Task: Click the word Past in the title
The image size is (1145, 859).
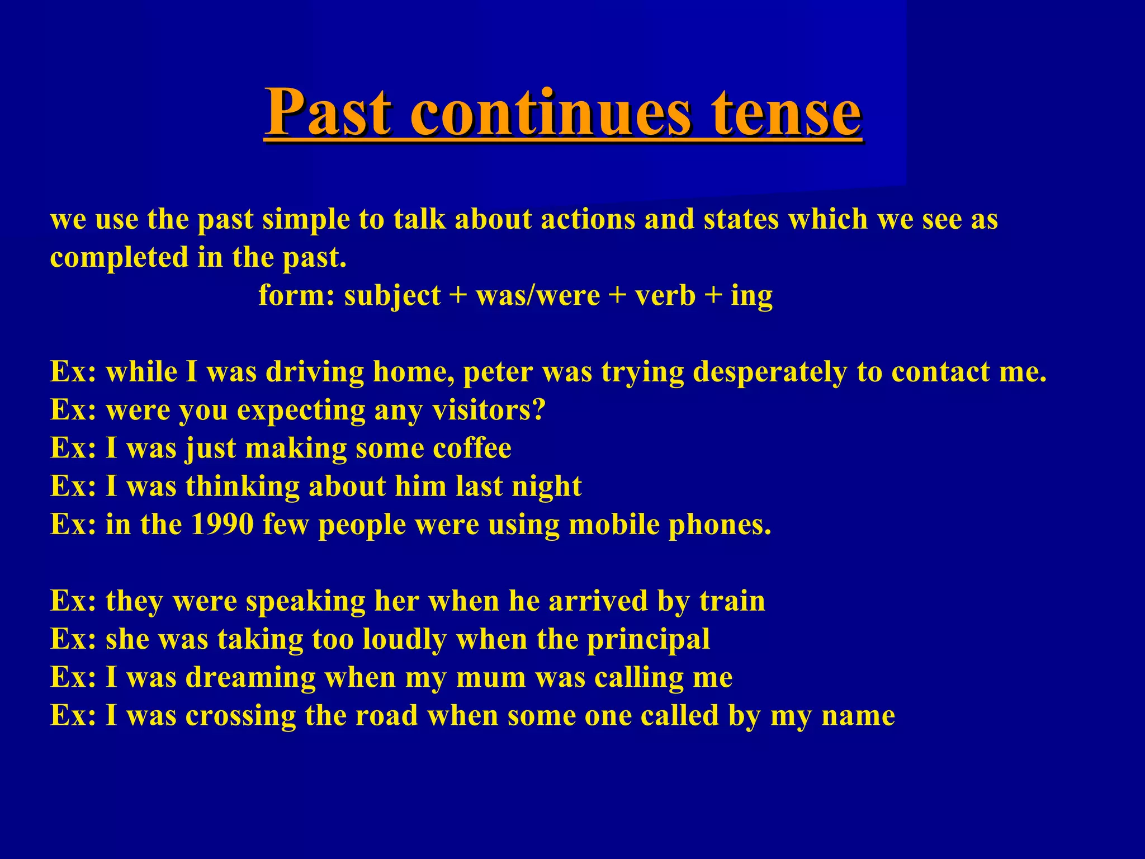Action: (328, 112)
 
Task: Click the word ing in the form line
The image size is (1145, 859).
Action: (751, 296)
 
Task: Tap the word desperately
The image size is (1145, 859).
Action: (769, 372)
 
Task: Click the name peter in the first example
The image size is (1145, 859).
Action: (498, 372)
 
